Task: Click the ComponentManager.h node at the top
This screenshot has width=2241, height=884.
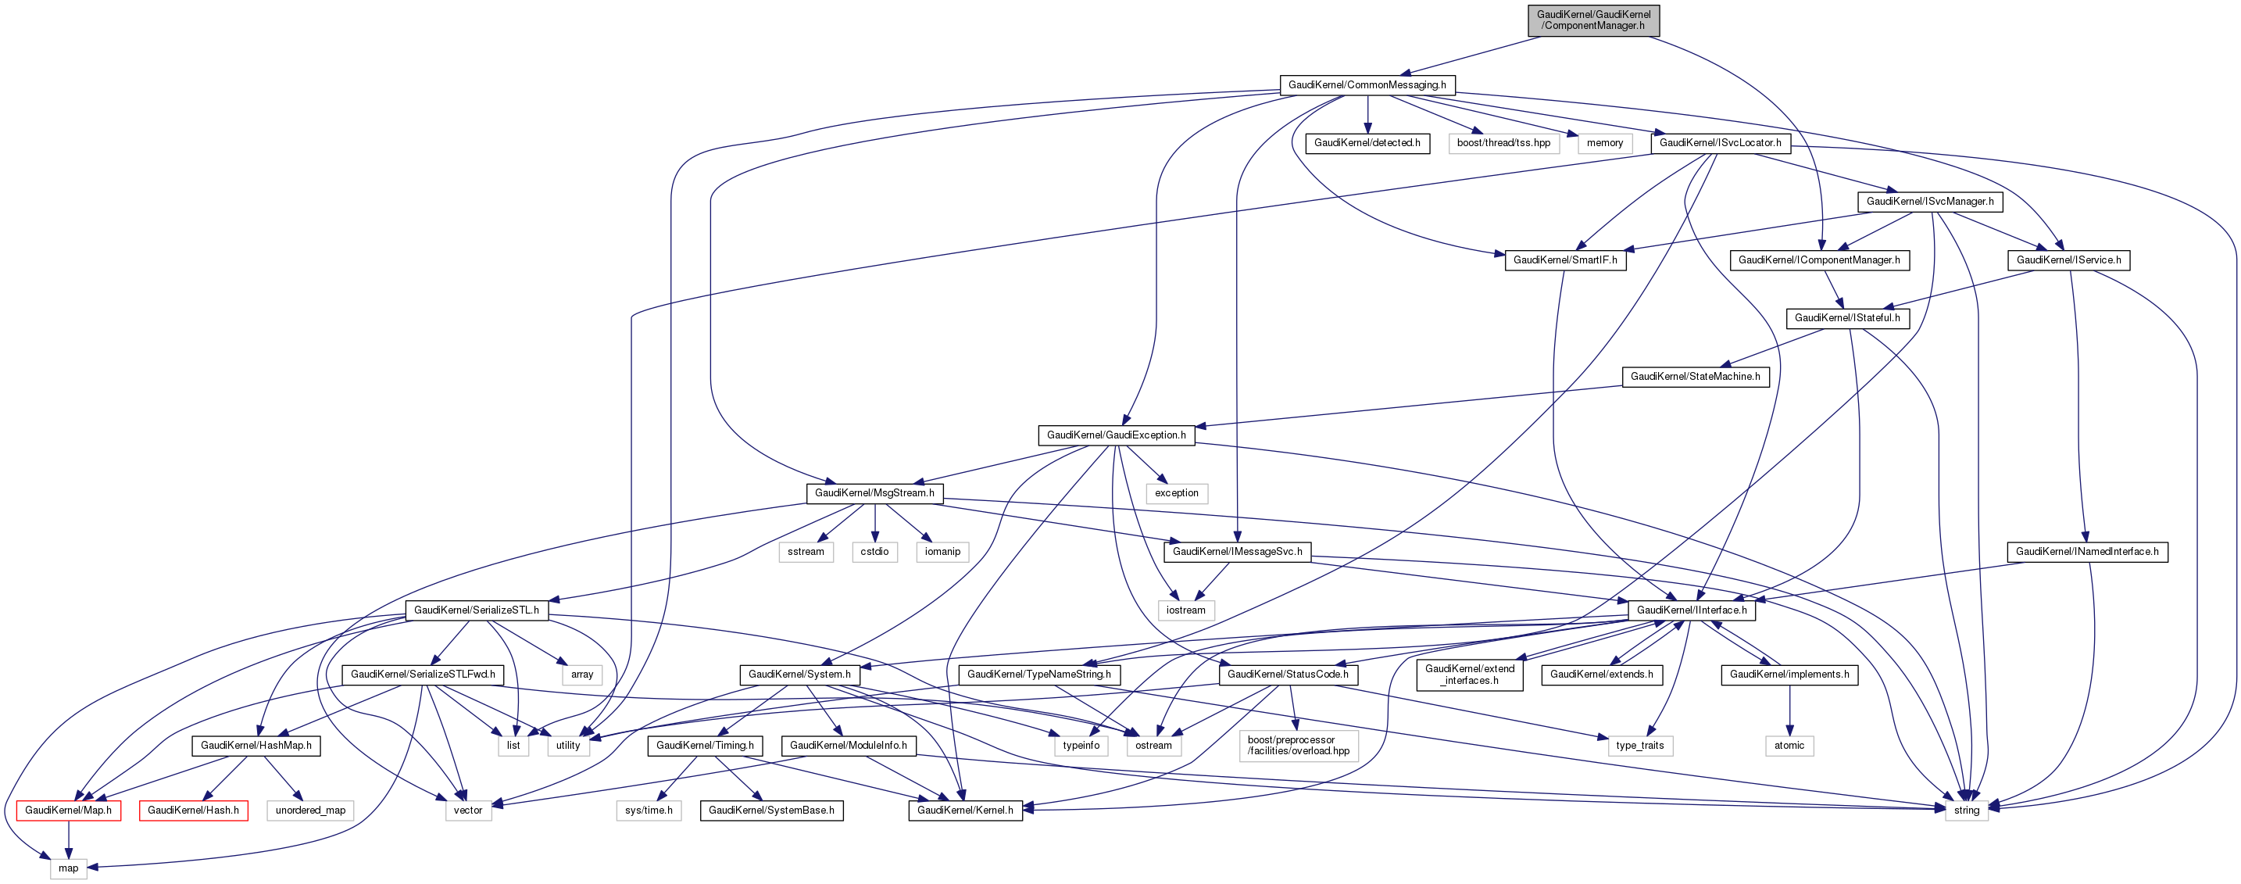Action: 1593,20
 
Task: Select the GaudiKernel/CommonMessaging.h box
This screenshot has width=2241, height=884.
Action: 1367,85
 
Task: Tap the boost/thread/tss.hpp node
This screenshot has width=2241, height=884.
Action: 1503,143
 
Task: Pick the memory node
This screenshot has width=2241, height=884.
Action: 1604,143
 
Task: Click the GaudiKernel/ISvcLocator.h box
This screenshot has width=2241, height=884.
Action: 1720,143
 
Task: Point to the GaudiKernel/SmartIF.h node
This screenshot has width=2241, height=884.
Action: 1565,260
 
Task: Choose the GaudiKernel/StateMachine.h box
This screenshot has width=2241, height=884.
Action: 1695,377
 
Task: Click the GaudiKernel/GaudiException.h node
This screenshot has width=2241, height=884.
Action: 1116,435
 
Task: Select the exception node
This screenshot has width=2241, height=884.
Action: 1176,493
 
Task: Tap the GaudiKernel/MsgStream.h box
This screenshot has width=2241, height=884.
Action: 874,493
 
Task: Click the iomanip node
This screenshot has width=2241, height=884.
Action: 942,552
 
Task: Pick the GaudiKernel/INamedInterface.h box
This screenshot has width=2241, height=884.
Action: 2087,552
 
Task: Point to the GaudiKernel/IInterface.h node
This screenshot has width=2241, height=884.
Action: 1691,610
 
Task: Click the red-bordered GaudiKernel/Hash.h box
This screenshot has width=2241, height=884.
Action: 193,810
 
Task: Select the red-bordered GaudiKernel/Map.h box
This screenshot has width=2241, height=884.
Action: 68,810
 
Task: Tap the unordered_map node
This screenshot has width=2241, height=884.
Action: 310,810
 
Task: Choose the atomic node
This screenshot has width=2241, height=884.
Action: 1789,746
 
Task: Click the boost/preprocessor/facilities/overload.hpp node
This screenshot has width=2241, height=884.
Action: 1298,746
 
